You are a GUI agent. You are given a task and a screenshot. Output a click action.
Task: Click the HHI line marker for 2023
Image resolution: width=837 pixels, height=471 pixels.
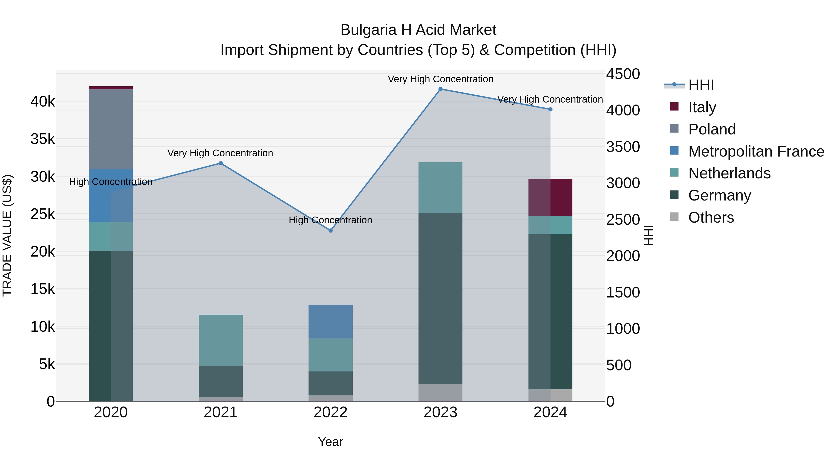[x=440, y=89]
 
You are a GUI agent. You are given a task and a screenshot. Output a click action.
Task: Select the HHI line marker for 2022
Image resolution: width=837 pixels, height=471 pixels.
[x=330, y=230]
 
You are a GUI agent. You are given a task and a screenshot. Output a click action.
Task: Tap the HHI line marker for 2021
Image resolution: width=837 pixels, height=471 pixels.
[x=221, y=163]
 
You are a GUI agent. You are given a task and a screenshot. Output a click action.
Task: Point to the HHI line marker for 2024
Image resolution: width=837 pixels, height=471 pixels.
[x=550, y=110]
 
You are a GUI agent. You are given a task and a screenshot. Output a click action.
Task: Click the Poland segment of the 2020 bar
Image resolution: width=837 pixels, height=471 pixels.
[x=111, y=129]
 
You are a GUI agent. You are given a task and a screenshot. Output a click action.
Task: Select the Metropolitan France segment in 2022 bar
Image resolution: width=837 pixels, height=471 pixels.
[x=330, y=321]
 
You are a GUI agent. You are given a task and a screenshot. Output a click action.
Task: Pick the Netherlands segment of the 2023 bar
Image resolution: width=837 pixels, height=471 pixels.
[x=440, y=187]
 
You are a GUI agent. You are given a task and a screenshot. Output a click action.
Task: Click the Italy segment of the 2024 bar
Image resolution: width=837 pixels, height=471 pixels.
[x=550, y=197]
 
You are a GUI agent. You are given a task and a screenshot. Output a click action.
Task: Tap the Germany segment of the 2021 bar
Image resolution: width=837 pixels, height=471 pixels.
[x=221, y=381]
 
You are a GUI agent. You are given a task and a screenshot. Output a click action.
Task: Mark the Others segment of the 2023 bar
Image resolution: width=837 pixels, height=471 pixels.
[x=440, y=392]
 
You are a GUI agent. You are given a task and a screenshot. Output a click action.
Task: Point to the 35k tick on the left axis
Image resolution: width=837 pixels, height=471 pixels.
[x=43, y=139]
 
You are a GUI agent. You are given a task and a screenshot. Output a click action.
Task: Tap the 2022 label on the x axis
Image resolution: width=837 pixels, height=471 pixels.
[x=330, y=412]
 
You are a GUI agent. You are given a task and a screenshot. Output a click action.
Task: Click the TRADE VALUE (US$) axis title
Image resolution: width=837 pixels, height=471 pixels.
[x=7, y=235]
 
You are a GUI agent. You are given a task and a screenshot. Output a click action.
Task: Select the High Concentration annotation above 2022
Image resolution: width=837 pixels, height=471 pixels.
[x=330, y=220]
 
